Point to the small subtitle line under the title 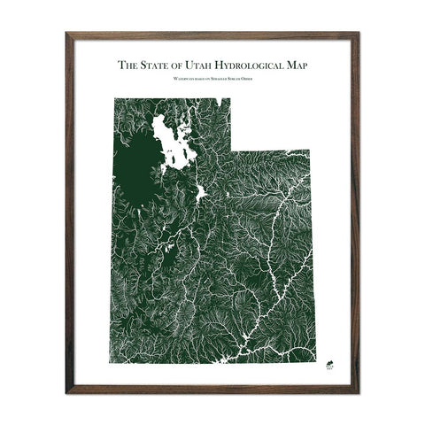coord(212,80)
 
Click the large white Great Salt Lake coord(174,142)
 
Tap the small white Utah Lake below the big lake coord(201,191)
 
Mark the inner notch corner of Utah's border coord(231,151)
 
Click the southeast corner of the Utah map coord(315,364)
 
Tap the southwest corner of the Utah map coord(113,364)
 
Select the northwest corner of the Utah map coord(113,97)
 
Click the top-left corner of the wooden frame coord(66,33)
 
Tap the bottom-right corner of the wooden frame coord(359,392)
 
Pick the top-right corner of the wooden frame coord(359,33)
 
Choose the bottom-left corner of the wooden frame coord(66,392)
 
